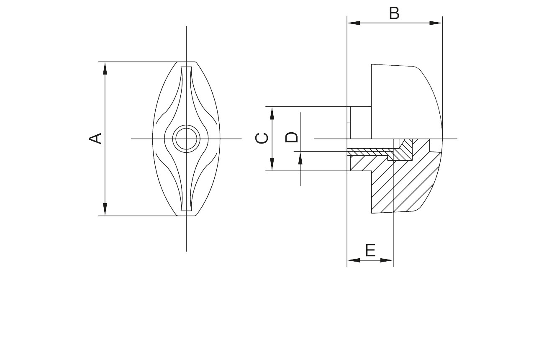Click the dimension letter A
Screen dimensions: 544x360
pos(95,139)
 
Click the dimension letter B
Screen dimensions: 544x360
pos(394,13)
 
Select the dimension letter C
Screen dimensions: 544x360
pos(262,138)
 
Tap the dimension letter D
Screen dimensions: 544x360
pos(291,137)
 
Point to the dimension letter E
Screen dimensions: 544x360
pos(370,250)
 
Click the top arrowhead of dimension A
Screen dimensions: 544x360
pos(105,68)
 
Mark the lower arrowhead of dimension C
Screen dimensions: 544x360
pos(272,164)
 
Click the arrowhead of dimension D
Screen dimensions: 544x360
pos(300,158)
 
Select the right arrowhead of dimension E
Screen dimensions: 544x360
pos(387,260)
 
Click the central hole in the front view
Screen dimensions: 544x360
pos(186,139)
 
